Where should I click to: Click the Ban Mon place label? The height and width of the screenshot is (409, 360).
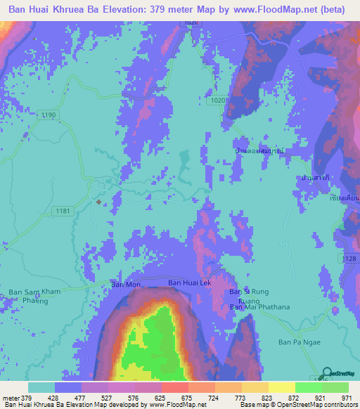tap(127, 285)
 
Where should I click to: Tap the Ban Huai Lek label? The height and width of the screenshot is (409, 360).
tap(188, 283)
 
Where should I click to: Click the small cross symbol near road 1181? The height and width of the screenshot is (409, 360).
tap(98, 202)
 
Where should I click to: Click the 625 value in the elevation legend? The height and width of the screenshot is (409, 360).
tap(148, 398)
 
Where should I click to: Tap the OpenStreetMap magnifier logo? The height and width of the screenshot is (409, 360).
tap(327, 373)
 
